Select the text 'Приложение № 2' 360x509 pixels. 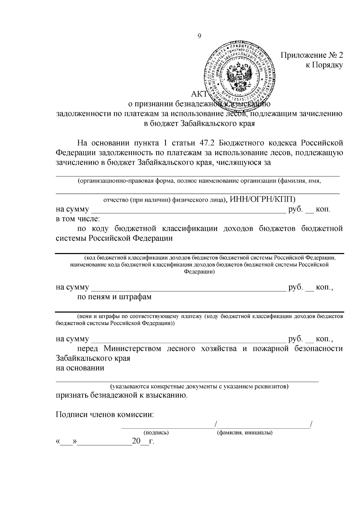click(x=311, y=55)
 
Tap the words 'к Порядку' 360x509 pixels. click(x=324, y=65)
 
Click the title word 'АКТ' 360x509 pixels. click(x=199, y=95)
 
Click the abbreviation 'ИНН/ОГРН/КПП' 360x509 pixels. click(x=262, y=199)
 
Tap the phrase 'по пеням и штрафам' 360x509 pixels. click(x=114, y=297)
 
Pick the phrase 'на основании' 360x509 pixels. click(x=80, y=368)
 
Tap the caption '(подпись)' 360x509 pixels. click(x=156, y=433)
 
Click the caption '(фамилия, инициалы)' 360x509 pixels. click(x=244, y=433)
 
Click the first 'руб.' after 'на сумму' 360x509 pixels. click(x=295, y=209)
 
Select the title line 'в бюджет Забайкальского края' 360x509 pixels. click(x=199, y=124)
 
